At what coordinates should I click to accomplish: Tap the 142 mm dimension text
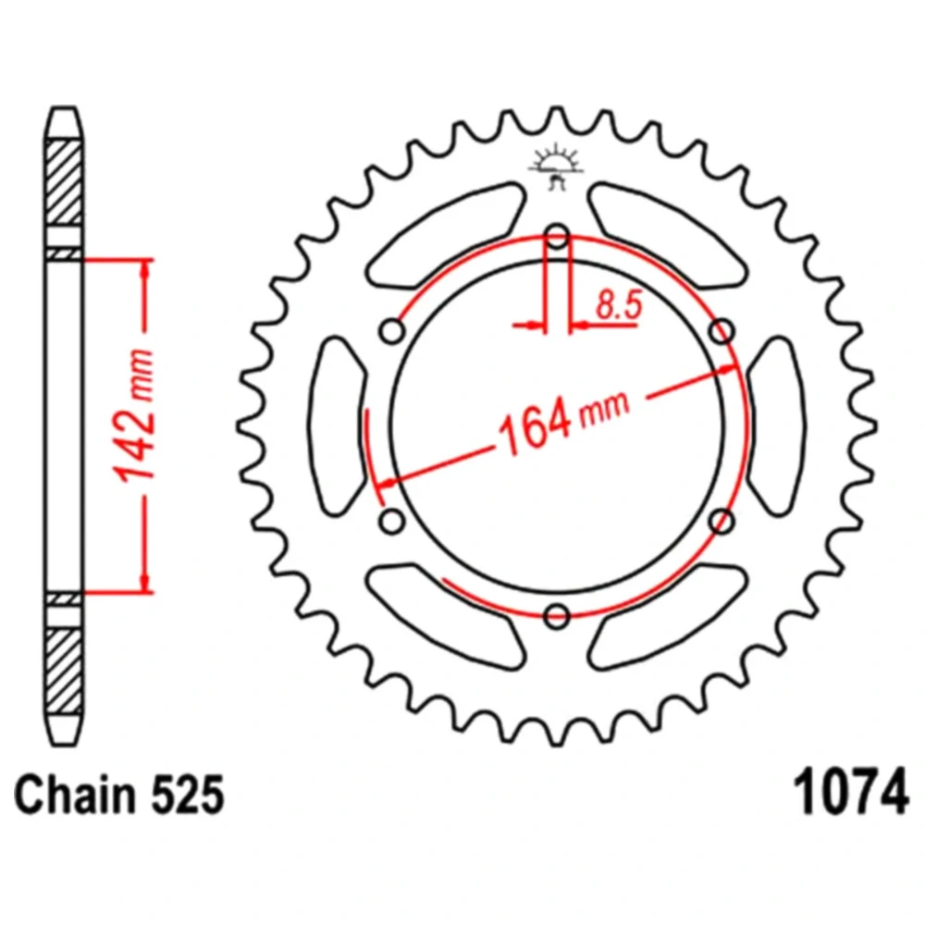(x=134, y=416)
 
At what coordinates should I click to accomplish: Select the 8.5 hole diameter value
(x=618, y=305)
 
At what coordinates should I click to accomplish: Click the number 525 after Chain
(x=188, y=794)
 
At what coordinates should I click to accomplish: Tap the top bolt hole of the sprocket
(x=558, y=237)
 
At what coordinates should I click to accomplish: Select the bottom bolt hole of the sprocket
(x=558, y=616)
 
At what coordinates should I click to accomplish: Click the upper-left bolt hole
(x=393, y=331)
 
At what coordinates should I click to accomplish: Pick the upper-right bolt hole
(x=722, y=331)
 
